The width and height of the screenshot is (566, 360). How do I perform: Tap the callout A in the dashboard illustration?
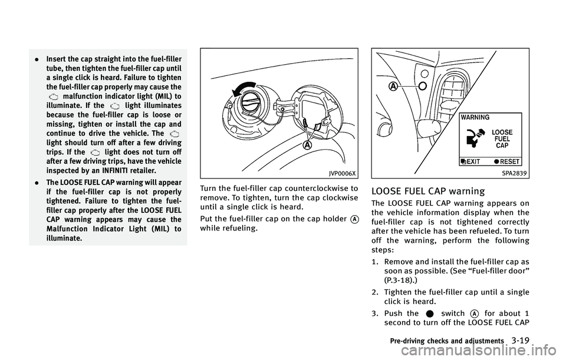[391, 85]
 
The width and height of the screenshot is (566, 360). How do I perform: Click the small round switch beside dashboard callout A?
[421, 85]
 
